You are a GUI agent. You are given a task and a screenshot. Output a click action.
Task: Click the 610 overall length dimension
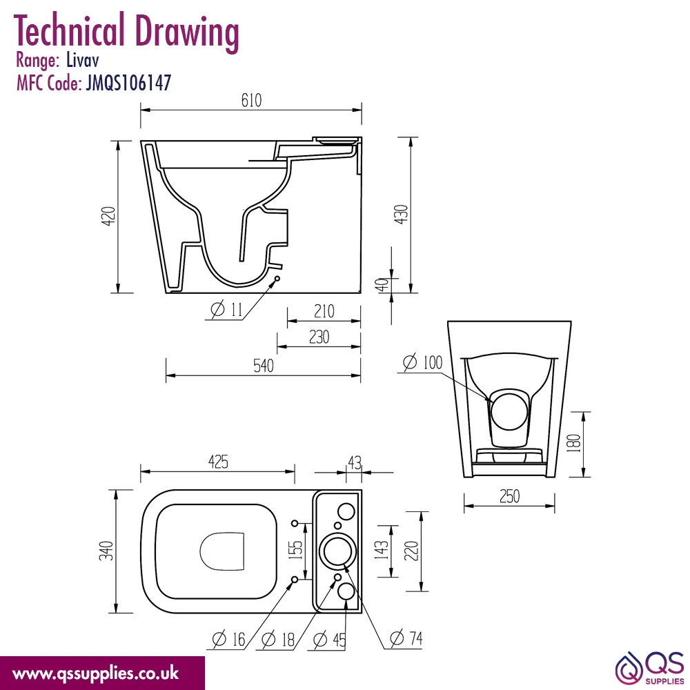[251, 100]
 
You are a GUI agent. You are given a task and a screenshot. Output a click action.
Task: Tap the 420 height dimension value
[108, 216]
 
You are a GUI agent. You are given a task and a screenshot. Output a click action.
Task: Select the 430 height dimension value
[402, 215]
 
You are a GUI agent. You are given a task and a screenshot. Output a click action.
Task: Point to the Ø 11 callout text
[226, 310]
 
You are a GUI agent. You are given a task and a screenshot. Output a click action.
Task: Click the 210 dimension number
[324, 312]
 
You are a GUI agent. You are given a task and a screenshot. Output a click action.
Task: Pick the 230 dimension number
[319, 337]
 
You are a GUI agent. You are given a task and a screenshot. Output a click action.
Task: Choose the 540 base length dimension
[263, 366]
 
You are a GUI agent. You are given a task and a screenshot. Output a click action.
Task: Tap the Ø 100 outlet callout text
[422, 363]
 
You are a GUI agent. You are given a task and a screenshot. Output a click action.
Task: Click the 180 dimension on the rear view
[574, 444]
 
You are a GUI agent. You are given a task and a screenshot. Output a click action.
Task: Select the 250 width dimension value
[509, 496]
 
